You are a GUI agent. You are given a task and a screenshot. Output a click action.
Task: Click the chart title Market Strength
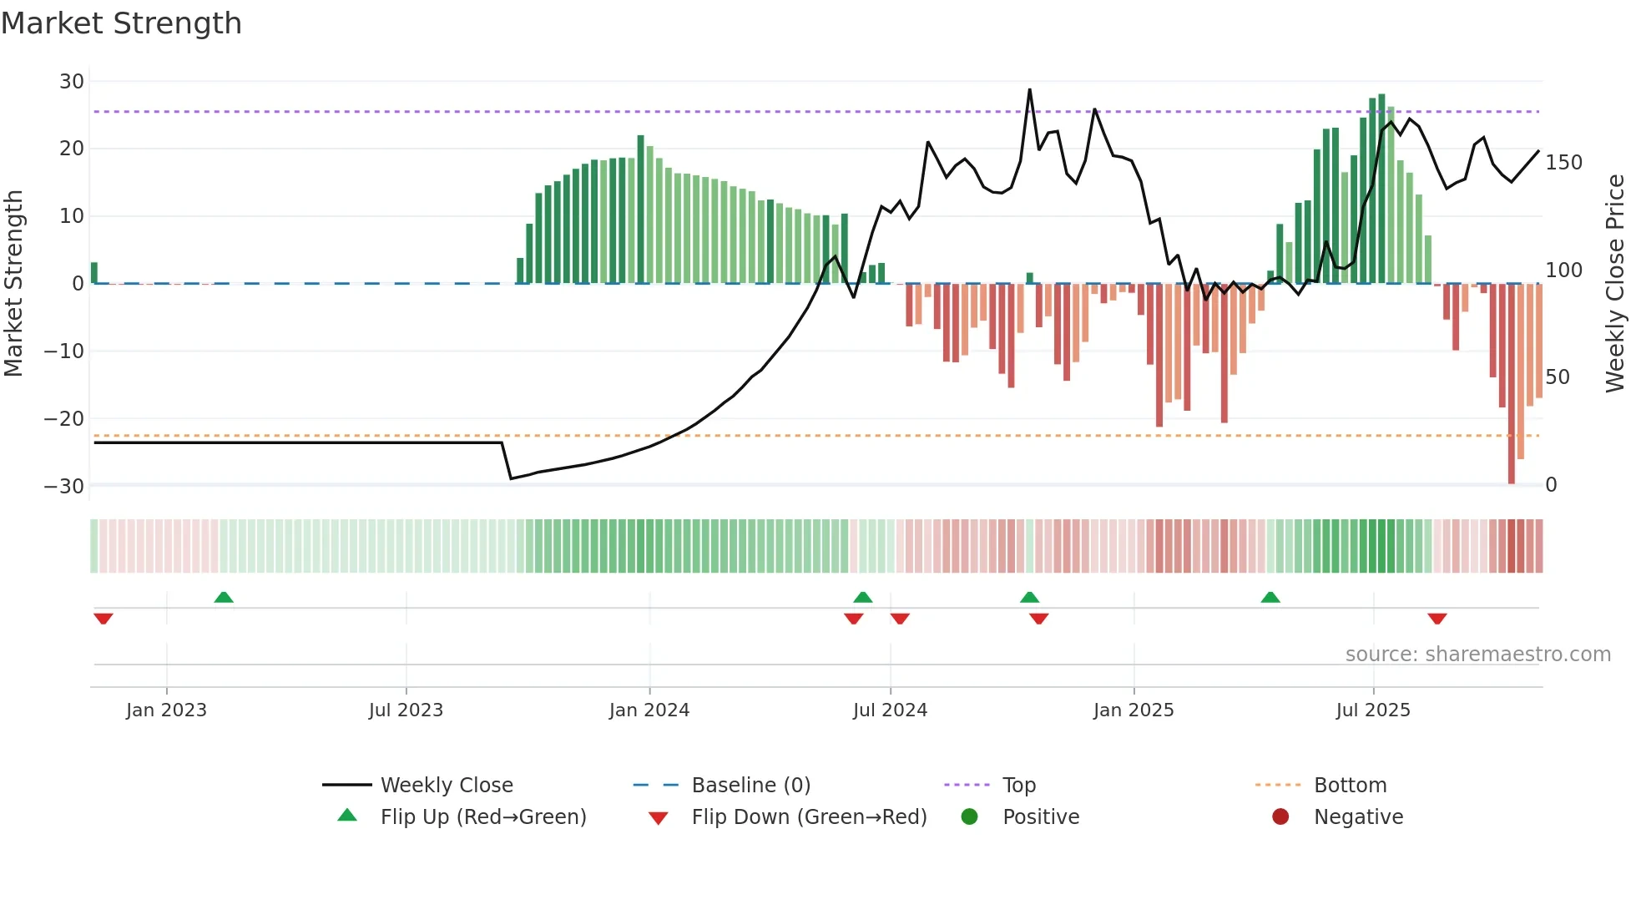(121, 23)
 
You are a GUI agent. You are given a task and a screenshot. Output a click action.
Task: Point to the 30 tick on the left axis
(72, 82)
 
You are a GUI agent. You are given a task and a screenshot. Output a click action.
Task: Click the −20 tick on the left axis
(64, 419)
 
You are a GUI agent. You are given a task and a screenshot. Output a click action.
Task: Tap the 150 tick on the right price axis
(1563, 163)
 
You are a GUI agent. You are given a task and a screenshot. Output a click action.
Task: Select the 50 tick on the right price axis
(1558, 377)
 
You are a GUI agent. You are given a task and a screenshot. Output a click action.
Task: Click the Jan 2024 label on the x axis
(649, 710)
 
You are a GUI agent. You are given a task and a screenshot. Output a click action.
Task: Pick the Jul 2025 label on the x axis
(1372, 710)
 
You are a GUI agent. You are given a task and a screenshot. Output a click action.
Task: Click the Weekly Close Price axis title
(1615, 284)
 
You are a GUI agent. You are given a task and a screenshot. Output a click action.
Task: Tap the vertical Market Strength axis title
(13, 284)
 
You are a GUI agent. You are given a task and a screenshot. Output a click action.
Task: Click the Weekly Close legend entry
(446, 786)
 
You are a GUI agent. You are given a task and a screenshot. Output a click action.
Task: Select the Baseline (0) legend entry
(750, 786)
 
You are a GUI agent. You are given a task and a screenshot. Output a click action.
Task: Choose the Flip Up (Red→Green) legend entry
(482, 817)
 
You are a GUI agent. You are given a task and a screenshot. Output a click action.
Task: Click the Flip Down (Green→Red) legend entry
(808, 817)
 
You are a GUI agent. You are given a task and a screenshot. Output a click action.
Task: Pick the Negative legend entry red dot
(1280, 817)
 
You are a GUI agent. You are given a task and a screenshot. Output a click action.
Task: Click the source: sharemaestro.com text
(1477, 655)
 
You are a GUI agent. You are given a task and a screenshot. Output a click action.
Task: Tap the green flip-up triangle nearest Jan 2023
(224, 598)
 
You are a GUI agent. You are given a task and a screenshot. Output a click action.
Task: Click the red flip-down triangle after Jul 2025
(1437, 619)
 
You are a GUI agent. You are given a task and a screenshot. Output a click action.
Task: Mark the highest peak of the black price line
(1029, 90)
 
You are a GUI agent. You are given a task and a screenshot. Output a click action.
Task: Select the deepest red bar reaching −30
(1511, 384)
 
